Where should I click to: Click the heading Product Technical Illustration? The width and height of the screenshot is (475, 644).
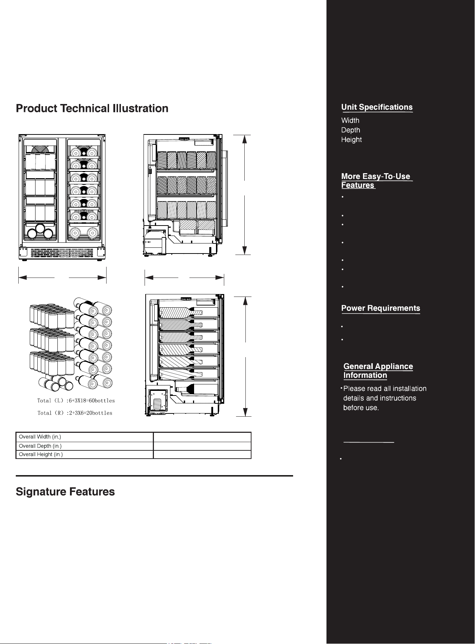(92, 108)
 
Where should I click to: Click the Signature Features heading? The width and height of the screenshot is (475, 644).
(65, 492)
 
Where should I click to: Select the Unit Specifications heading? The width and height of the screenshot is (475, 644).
(377, 107)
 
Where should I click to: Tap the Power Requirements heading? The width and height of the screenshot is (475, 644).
(381, 308)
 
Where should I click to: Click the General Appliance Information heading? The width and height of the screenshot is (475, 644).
(378, 371)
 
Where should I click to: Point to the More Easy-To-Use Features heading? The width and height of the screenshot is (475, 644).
(376, 181)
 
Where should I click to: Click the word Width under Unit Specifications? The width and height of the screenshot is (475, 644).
(350, 120)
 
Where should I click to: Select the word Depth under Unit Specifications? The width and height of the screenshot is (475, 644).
(351, 130)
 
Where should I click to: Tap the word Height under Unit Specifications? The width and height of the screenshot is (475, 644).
(351, 140)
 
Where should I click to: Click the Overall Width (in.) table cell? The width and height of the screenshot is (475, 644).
(85, 437)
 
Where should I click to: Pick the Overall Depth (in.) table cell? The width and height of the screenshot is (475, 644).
(85, 446)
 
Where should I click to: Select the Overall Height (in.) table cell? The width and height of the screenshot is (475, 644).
(85, 454)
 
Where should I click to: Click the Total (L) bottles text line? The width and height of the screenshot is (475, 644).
(76, 401)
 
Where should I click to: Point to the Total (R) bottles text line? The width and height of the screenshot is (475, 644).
(75, 413)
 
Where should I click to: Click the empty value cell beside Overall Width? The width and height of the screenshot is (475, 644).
(202, 437)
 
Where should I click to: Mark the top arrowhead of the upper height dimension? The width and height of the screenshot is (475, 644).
(245, 139)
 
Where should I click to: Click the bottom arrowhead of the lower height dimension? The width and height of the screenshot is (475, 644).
(245, 412)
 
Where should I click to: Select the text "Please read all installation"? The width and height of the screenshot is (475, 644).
(385, 389)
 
